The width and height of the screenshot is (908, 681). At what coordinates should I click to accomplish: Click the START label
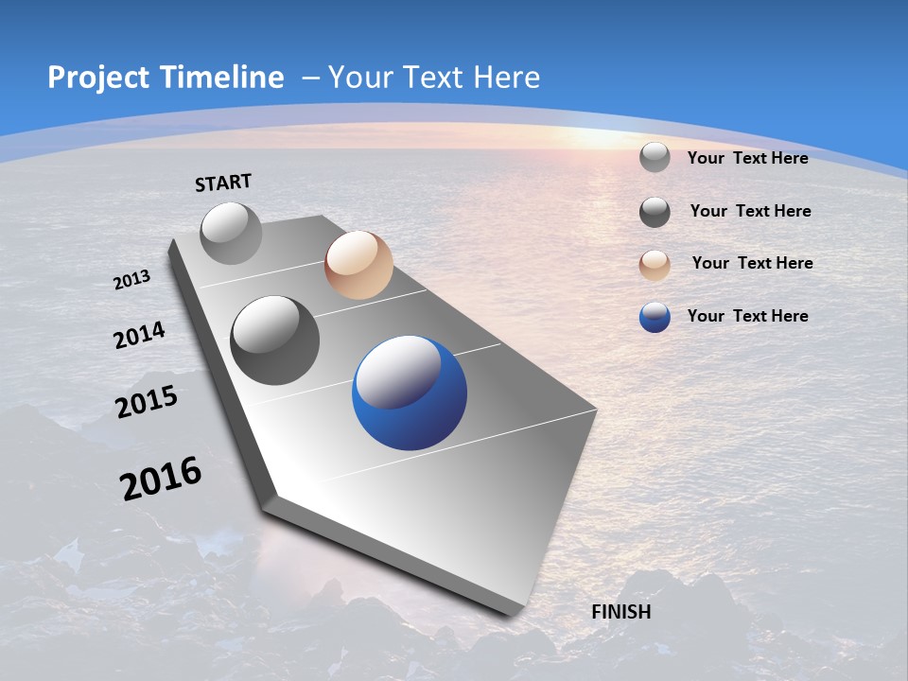point(223,183)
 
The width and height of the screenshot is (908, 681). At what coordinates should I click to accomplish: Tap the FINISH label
point(620,612)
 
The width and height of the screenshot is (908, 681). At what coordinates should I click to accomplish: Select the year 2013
point(131,280)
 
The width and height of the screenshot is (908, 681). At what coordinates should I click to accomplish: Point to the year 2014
point(139,336)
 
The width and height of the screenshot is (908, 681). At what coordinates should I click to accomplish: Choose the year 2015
point(146,403)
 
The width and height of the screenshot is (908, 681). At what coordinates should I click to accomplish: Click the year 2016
point(160,479)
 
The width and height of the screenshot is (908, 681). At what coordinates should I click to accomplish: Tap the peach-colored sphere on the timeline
point(358,265)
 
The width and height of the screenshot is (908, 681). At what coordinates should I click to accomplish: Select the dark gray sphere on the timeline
point(275,340)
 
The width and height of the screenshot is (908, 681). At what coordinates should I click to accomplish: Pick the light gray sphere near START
point(231,233)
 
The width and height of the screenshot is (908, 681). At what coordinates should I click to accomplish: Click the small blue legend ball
point(655,317)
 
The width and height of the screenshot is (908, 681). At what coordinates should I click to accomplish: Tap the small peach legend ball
point(655,265)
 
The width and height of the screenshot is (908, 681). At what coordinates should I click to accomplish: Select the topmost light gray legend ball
point(655,157)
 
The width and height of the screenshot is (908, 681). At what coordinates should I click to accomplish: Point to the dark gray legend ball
point(655,212)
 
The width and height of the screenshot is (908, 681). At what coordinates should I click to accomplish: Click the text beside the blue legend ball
point(747,316)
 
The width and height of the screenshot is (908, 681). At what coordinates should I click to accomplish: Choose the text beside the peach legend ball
point(752,263)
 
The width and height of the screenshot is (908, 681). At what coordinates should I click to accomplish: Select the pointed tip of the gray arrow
point(511,612)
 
